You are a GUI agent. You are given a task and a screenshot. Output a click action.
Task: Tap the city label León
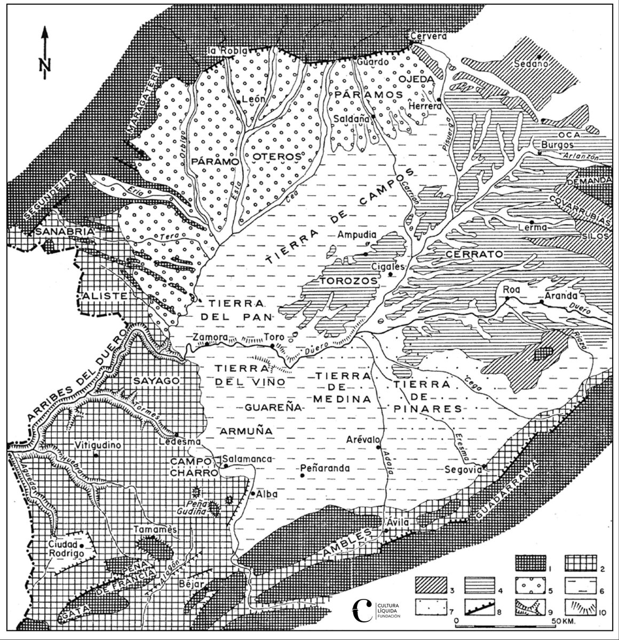(x=250, y=99)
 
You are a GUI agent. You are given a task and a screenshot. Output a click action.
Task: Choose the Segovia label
(x=464, y=470)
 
